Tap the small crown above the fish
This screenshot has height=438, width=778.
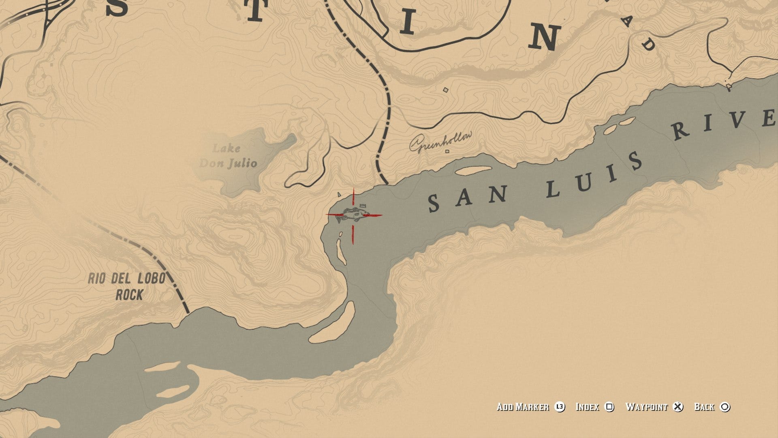[363, 206]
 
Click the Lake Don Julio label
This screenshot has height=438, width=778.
[228, 156]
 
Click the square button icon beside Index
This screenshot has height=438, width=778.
[609, 407]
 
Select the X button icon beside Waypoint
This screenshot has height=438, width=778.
[678, 407]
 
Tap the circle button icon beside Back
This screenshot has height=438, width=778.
[725, 407]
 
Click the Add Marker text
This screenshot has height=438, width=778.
[523, 407]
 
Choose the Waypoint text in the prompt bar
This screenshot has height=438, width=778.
[646, 407]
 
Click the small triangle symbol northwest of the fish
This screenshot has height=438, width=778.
[339, 195]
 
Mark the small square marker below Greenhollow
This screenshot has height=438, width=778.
[447, 152]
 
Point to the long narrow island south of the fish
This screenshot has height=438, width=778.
[341, 251]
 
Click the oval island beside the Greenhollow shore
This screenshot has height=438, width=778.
[473, 170]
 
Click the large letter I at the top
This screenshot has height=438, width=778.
[408, 23]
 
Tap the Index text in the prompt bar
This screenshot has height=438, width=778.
[587, 407]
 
